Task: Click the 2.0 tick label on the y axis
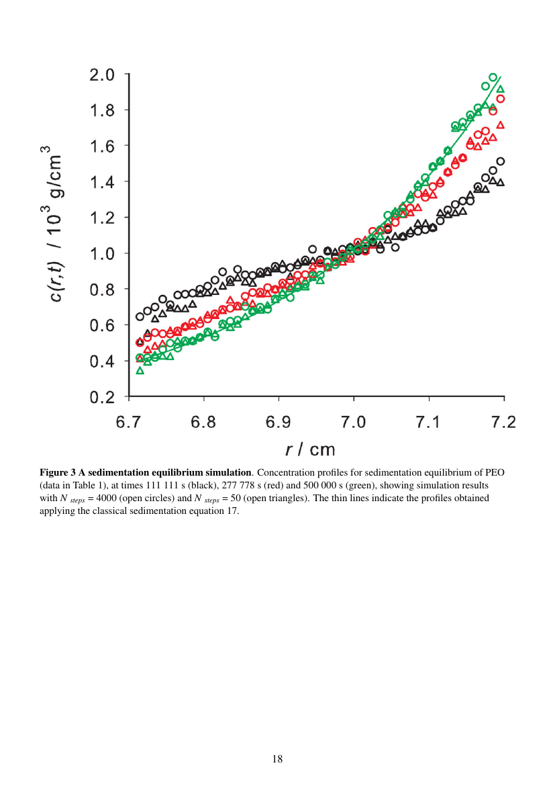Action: [102, 74]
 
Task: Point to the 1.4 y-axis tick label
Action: [102, 182]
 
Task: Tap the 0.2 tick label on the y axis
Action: [102, 397]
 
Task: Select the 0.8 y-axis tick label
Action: [102, 290]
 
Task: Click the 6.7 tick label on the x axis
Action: [129, 422]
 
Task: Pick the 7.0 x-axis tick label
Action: [354, 422]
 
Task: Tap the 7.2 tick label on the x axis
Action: [503, 422]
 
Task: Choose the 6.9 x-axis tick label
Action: [279, 422]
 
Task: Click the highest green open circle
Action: [493, 77]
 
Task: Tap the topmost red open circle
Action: [500, 99]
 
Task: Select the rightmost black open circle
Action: [500, 161]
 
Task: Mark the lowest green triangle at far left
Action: [140, 370]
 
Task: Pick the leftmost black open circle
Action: [140, 316]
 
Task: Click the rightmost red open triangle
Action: [500, 125]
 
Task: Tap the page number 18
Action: [277, 759]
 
